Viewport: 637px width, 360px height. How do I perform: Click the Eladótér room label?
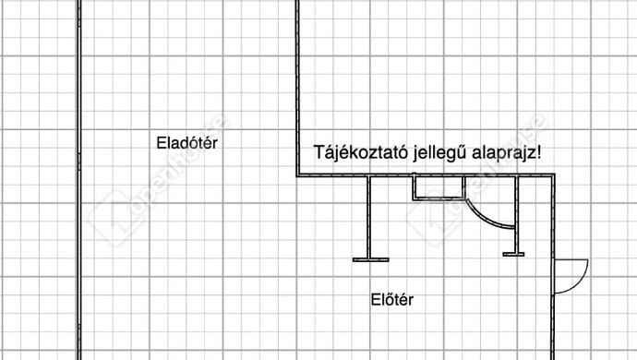191,143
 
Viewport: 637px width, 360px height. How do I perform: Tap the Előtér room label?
392,300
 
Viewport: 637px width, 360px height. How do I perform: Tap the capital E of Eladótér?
162,143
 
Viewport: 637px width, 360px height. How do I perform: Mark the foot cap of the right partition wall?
514,252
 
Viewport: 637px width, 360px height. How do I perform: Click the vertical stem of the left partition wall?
368,217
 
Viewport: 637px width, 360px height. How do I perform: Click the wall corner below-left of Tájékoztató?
298,174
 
